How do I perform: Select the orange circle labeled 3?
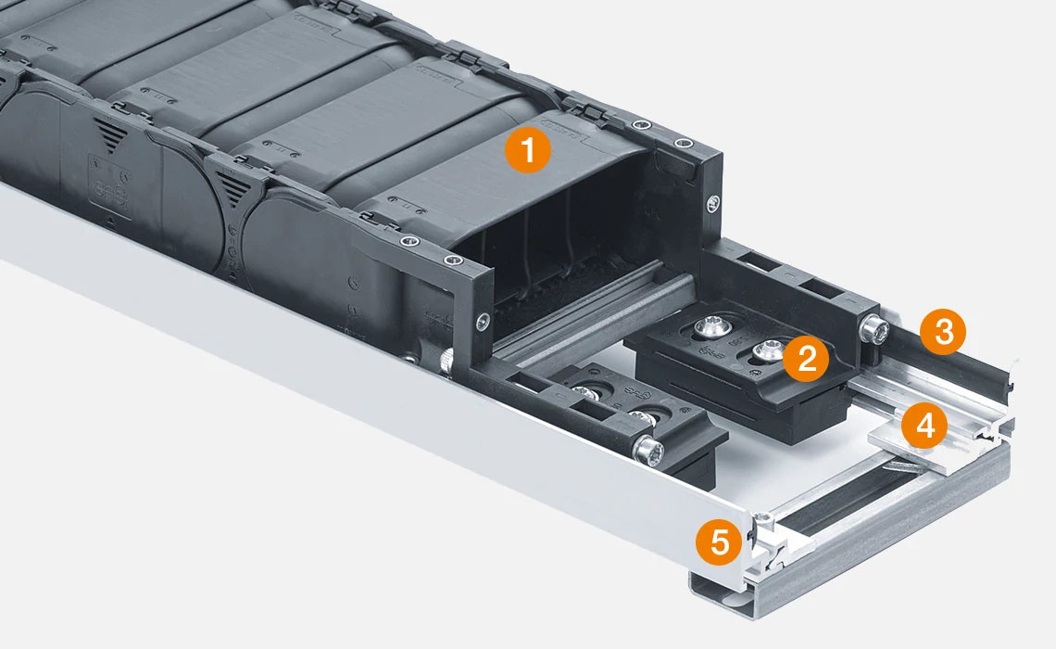[x=943, y=332]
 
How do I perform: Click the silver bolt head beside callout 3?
[x=874, y=329]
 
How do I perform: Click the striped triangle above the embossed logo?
[x=110, y=136]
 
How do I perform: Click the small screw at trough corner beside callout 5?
[x=761, y=518]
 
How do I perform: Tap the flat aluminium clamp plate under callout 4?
[x=903, y=454]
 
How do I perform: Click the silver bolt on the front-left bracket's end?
[x=649, y=451]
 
